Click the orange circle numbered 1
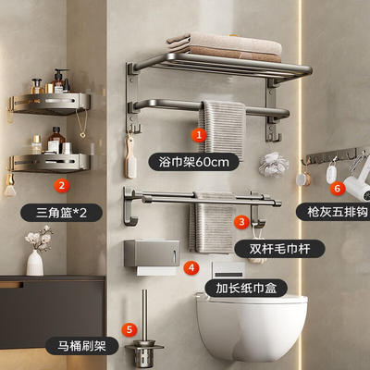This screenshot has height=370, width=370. (199, 135)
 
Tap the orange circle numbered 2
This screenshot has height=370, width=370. (61, 186)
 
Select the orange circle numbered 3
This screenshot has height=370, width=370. (242, 221)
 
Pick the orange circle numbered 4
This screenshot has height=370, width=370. (191, 267)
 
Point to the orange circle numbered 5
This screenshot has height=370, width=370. (129, 329)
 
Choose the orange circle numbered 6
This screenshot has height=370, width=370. (338, 188)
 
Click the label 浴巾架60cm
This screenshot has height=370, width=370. (193, 162)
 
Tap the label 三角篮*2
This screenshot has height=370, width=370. (61, 213)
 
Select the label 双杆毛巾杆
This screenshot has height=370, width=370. (279, 249)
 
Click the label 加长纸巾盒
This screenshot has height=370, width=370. (246, 288)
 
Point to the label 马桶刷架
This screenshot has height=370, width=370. (82, 346)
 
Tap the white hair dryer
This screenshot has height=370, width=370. (359, 181)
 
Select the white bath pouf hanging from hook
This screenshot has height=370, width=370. (274, 165)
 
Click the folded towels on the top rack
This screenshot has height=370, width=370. (225, 47)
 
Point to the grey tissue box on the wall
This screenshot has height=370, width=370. (152, 253)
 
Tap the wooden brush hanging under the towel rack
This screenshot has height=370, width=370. (130, 158)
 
